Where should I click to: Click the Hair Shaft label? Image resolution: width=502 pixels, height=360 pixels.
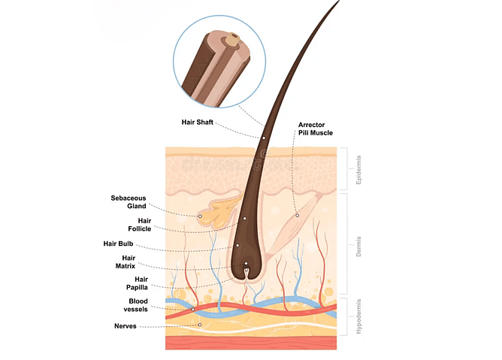(198, 121)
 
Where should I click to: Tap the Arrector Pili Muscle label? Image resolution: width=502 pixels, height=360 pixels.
(315, 129)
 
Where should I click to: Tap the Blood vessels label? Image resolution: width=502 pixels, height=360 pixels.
(138, 305)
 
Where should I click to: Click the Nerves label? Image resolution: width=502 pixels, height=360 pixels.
(125, 326)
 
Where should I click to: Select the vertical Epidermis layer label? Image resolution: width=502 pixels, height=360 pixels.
(358, 171)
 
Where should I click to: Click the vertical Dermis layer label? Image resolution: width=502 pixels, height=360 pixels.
(358, 245)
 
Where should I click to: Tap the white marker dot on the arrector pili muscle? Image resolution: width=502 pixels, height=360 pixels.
(297, 216)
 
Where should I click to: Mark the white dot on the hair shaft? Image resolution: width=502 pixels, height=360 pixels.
(263, 138)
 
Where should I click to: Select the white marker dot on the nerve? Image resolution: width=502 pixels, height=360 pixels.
(200, 325)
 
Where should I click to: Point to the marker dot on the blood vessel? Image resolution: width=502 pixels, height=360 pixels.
(192, 309)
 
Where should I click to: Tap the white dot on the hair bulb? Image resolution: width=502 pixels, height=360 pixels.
(237, 245)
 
